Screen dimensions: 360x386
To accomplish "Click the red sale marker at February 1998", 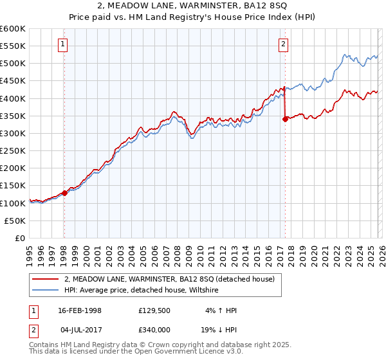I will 64,192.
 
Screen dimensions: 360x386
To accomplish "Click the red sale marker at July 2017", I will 284,119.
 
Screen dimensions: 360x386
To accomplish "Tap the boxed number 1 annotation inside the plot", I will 64,44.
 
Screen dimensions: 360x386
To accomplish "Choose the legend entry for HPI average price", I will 142,290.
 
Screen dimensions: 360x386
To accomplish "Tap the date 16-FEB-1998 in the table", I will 80,310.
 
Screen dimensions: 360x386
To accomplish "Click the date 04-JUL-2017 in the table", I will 80,329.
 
